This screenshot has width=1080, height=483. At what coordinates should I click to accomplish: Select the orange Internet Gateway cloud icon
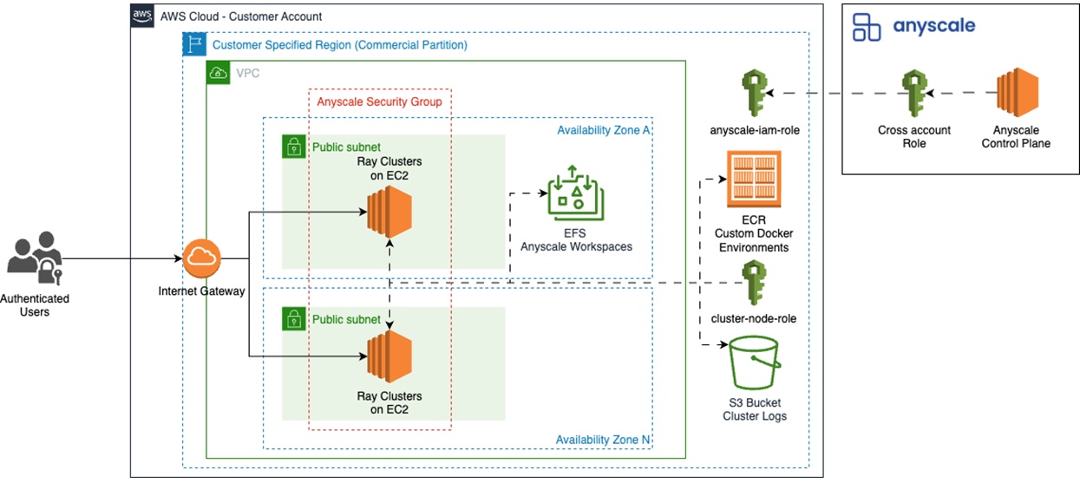[x=202, y=258]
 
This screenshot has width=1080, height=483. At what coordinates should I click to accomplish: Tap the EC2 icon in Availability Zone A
[x=388, y=212]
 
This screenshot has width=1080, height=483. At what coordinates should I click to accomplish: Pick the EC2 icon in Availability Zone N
[x=388, y=356]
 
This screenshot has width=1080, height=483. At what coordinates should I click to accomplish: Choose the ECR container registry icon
[x=753, y=179]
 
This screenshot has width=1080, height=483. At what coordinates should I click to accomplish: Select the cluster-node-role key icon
[x=753, y=283]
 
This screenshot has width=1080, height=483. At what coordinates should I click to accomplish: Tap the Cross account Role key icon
[x=913, y=94]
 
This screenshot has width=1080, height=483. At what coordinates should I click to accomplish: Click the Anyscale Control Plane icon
[x=1016, y=94]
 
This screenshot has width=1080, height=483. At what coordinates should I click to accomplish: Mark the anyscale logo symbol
[x=866, y=27]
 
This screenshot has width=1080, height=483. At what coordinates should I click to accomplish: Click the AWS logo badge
[x=142, y=16]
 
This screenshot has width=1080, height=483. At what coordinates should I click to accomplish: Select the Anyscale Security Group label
[x=379, y=101]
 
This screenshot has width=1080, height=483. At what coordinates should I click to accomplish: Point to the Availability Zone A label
[x=603, y=130]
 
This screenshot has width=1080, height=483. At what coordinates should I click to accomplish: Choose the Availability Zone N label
[x=603, y=440]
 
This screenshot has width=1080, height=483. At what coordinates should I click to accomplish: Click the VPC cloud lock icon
[x=219, y=73]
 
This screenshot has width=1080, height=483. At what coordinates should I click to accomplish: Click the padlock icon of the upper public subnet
[x=294, y=147]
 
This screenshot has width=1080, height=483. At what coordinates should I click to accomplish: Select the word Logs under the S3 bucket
[x=770, y=415]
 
